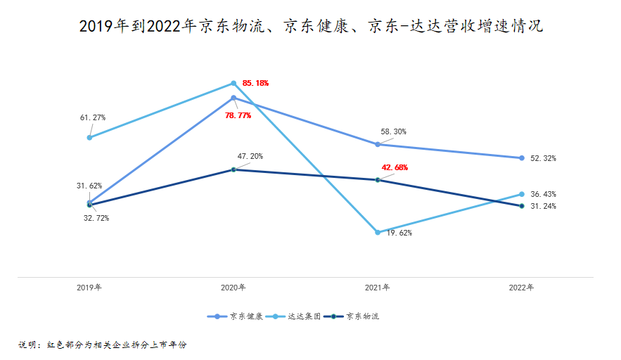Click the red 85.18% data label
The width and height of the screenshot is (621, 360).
click(255, 83)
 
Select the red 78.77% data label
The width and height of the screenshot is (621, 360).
click(238, 115)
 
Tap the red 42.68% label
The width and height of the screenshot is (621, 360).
click(395, 167)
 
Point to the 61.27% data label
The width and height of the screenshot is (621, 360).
click(93, 117)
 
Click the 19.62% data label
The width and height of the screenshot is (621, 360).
click(399, 233)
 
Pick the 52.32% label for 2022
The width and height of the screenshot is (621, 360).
click(543, 159)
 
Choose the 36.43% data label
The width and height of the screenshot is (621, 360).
click(543, 194)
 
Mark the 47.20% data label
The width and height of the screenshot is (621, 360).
click(250, 156)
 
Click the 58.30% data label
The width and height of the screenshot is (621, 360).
click(394, 131)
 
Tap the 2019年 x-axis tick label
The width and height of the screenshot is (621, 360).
click(89, 288)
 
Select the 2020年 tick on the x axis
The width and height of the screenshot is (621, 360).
click(233, 288)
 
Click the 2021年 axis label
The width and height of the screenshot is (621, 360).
click(378, 288)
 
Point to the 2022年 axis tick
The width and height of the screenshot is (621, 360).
click(522, 288)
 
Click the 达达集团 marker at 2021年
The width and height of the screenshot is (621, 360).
click(378, 232)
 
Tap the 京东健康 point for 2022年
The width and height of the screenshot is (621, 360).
click(522, 158)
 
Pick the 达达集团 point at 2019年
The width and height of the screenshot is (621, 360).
click(89, 137)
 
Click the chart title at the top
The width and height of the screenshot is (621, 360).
click(310, 27)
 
